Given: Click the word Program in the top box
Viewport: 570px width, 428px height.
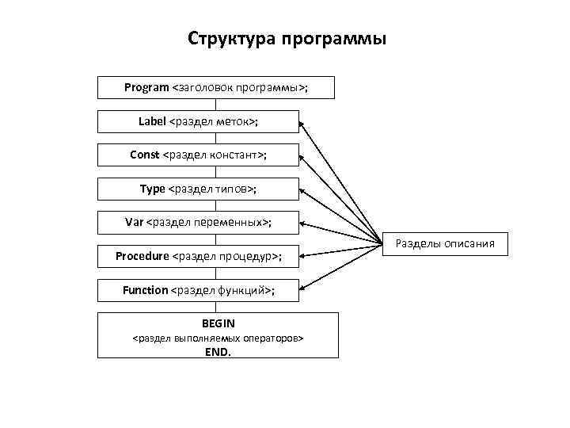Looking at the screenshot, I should click(146, 87).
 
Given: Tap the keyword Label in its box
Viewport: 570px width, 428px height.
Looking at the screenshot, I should click(152, 121).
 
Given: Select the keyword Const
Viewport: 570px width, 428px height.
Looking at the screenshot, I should click(144, 155).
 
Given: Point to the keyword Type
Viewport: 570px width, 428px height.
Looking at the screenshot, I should click(152, 189).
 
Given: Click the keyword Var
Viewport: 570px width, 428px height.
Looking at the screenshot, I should click(134, 222).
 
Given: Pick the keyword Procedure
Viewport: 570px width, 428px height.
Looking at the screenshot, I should click(142, 256).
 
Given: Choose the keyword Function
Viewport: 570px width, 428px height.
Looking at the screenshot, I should click(146, 290).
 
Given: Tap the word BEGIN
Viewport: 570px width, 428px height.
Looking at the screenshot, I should click(218, 323).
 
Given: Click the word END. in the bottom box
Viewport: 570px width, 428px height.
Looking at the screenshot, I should click(218, 353).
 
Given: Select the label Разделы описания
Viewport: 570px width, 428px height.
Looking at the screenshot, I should click(444, 243).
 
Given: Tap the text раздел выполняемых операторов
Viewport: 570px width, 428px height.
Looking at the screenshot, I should click(218, 338).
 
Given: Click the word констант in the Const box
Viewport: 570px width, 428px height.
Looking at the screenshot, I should click(236, 155).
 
